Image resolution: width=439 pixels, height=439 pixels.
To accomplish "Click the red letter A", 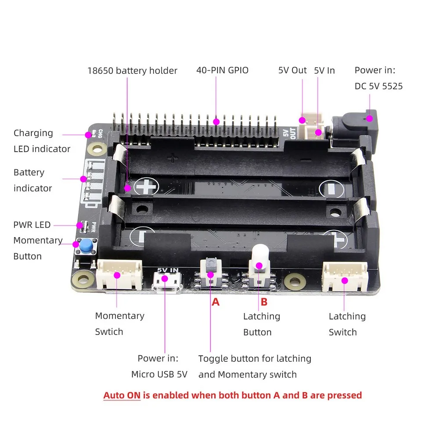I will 215,302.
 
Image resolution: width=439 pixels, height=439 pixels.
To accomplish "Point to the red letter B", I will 264,302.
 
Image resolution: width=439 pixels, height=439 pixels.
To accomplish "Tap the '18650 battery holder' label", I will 132,71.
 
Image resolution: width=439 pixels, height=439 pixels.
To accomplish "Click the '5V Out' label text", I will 292,70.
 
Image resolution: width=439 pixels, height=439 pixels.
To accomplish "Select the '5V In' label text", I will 324,70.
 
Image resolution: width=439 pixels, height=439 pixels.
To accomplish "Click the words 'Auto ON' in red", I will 122,395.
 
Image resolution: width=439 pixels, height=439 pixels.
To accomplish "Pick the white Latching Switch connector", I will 345,277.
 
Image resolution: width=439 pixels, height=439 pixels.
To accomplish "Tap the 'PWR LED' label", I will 32,225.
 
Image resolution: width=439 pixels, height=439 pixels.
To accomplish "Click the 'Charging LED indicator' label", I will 42,141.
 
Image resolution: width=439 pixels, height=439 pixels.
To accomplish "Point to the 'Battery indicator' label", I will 32,180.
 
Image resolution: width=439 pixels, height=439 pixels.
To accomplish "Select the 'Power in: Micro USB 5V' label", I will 159,367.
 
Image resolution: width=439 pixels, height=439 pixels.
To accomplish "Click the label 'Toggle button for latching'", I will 255,359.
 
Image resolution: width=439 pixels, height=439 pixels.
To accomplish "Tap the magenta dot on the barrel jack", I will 370,118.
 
